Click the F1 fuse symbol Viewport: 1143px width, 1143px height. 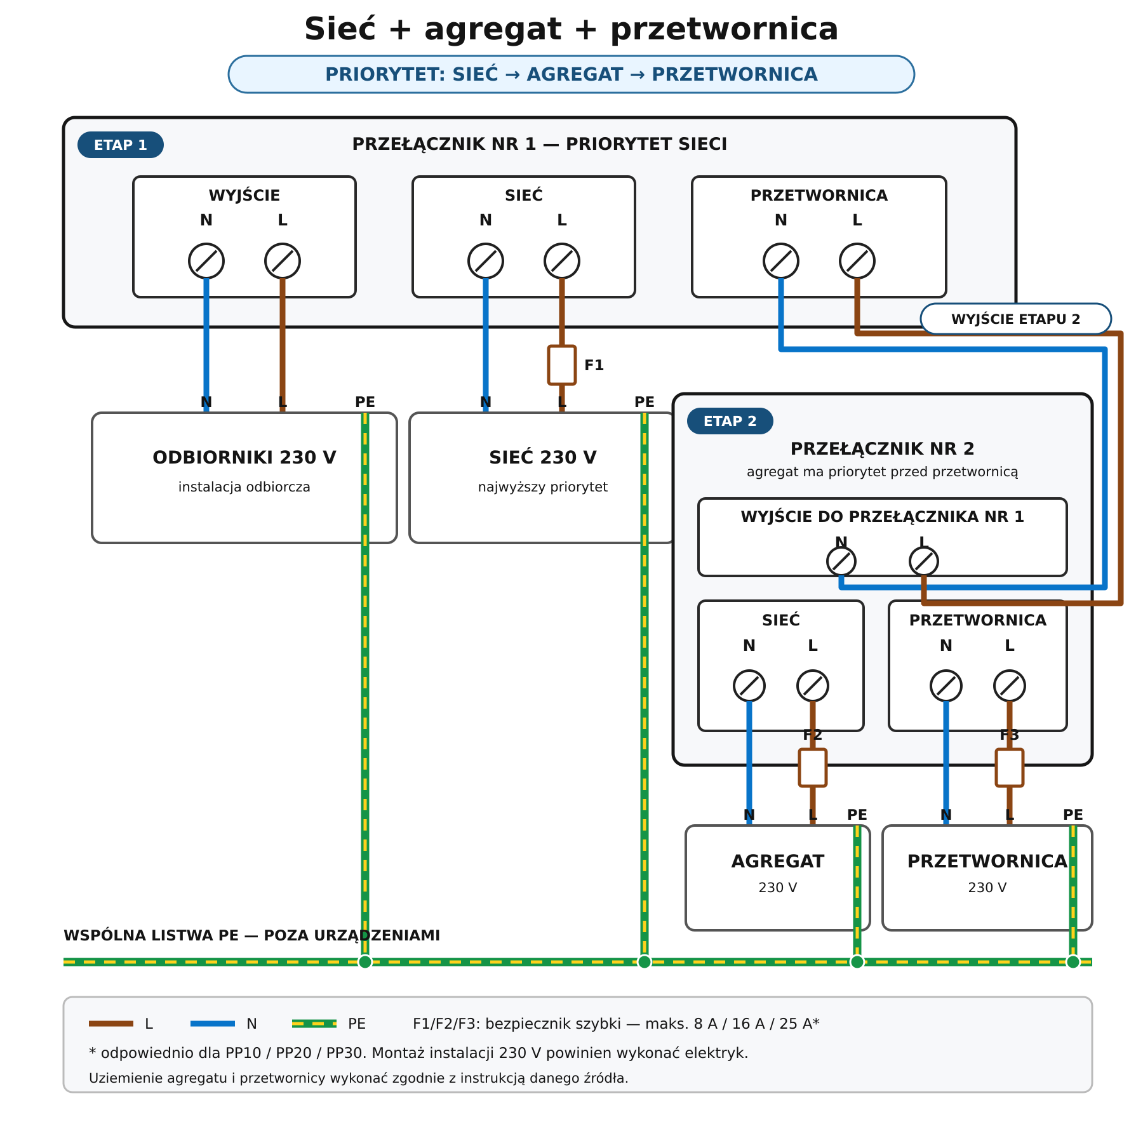pyautogui.click(x=562, y=365)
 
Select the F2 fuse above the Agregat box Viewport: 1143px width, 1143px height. pyautogui.click(x=813, y=768)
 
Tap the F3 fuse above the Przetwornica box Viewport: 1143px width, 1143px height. pyautogui.click(x=1010, y=768)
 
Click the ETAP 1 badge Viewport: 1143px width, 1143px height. pyautogui.click(x=121, y=145)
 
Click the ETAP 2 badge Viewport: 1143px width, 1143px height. pyautogui.click(x=730, y=421)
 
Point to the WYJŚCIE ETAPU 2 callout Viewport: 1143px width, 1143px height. pyautogui.click(x=1016, y=319)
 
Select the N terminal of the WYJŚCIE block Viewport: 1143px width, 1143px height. pyautogui.click(x=206, y=261)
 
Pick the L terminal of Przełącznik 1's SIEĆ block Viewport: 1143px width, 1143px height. pyautogui.click(x=562, y=261)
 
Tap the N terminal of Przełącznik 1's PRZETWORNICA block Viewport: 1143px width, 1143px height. pyautogui.click(x=781, y=261)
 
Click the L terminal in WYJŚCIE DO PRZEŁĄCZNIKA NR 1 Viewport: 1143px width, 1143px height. pyautogui.click(x=924, y=561)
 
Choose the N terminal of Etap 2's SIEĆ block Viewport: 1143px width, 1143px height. pyautogui.click(x=749, y=686)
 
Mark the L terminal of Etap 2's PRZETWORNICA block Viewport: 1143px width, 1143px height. pyautogui.click(x=1010, y=686)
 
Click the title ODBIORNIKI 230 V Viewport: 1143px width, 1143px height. pyautogui.click(x=244, y=457)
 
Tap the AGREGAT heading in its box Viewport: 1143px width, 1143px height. pyautogui.click(x=778, y=861)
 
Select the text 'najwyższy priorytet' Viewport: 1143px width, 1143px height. pyautogui.click(x=543, y=487)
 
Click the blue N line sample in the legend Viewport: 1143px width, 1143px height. pyautogui.click(x=213, y=1024)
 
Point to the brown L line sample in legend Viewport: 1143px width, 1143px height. pyautogui.click(x=111, y=1024)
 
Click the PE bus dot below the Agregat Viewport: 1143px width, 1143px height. pyautogui.click(x=857, y=962)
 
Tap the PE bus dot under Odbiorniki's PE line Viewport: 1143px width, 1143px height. pyautogui.click(x=365, y=962)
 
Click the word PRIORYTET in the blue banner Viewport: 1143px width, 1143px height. pyautogui.click(x=385, y=74)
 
